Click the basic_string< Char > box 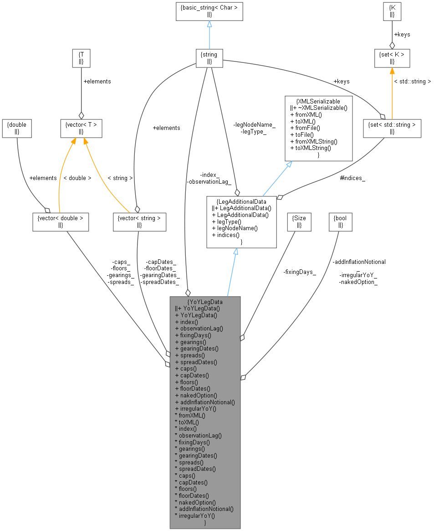(x=209, y=11)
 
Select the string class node (x=209, y=58)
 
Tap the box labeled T (x=81, y=58)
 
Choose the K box (x=392, y=11)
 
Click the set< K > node (x=392, y=58)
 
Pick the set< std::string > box (x=392, y=128)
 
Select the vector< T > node (x=81, y=128)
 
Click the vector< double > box (x=61, y=222)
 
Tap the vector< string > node (x=139, y=222)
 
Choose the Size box (x=299, y=222)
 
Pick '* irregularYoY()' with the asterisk (x=195, y=516)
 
